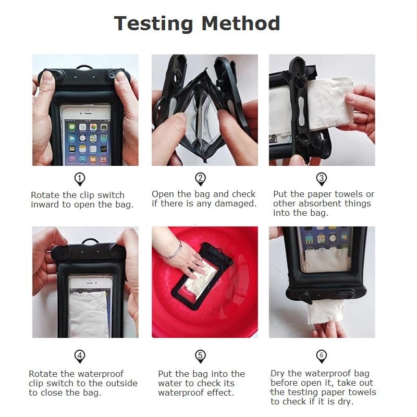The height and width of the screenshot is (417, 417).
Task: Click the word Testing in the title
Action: [x=154, y=24]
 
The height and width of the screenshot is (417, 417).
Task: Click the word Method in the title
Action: [x=241, y=23]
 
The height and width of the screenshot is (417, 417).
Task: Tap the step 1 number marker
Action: [x=80, y=179]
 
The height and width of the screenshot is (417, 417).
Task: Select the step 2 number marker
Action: [x=201, y=179]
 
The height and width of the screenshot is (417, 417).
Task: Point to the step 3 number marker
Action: [x=322, y=179]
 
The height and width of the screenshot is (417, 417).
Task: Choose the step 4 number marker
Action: [x=80, y=356]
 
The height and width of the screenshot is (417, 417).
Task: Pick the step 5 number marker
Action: [x=201, y=356]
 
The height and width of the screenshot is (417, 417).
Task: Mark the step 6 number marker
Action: [x=322, y=356]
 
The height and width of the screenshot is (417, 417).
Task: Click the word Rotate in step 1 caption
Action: [x=45, y=195]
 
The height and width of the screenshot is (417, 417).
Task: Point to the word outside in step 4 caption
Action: [x=122, y=383]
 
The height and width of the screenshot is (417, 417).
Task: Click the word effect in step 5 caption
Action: [x=220, y=393]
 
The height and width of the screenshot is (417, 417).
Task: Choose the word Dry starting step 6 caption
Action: [x=278, y=374]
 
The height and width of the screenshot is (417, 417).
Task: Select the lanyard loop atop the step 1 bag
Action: [x=84, y=67]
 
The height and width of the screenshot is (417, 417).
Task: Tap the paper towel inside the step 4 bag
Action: [x=88, y=314]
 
